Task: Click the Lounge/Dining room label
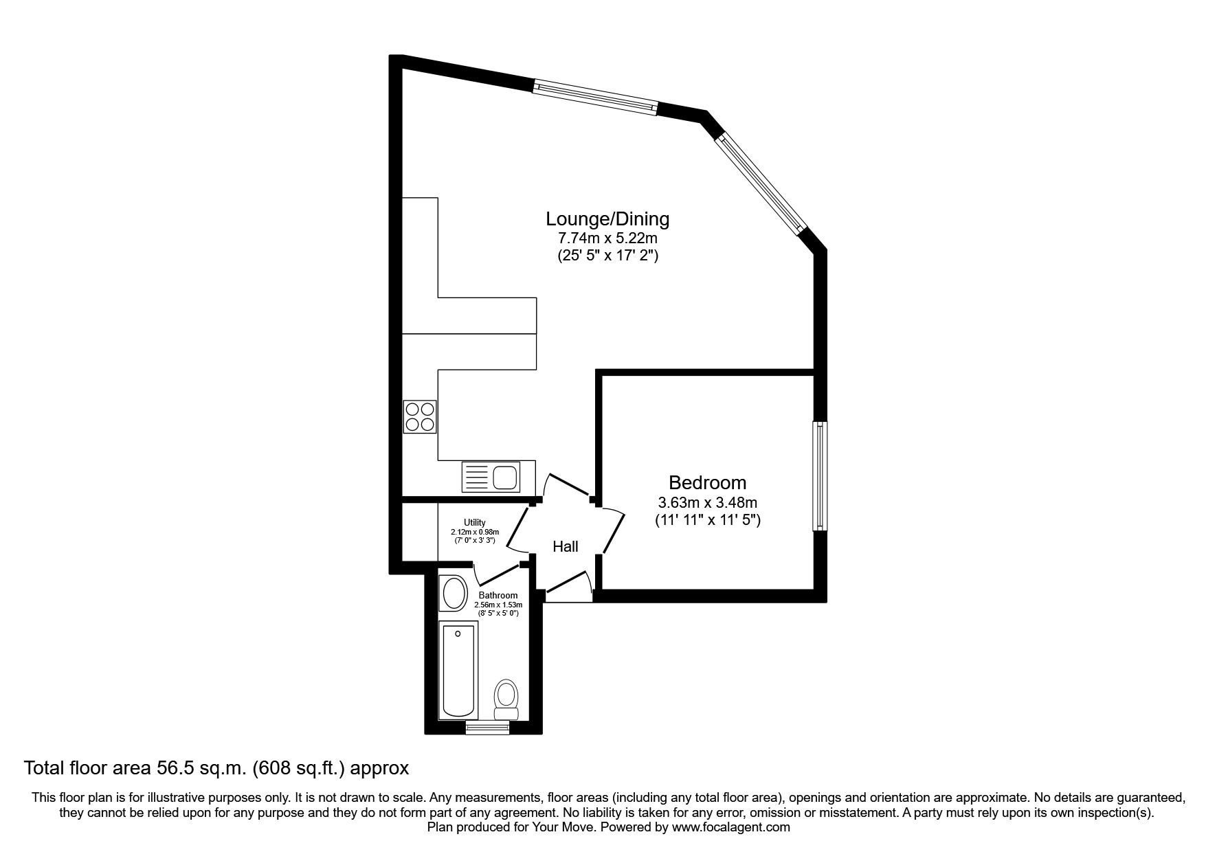pyautogui.click(x=607, y=219)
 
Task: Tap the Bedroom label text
pyautogui.click(x=707, y=482)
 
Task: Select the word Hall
pyautogui.click(x=566, y=547)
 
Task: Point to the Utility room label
pyautogui.click(x=474, y=523)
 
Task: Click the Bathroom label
pyautogui.click(x=498, y=596)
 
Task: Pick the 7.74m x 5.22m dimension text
pyautogui.click(x=607, y=239)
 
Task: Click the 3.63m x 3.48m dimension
pyautogui.click(x=707, y=503)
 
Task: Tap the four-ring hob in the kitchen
pyautogui.click(x=420, y=416)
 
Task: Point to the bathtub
pyautogui.click(x=458, y=671)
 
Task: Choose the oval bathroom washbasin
pyautogui.click(x=453, y=593)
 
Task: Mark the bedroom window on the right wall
pyautogui.click(x=820, y=476)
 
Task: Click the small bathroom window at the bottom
pyautogui.click(x=488, y=728)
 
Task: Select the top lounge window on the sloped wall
pyautogui.click(x=595, y=97)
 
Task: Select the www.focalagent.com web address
pyautogui.click(x=730, y=827)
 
